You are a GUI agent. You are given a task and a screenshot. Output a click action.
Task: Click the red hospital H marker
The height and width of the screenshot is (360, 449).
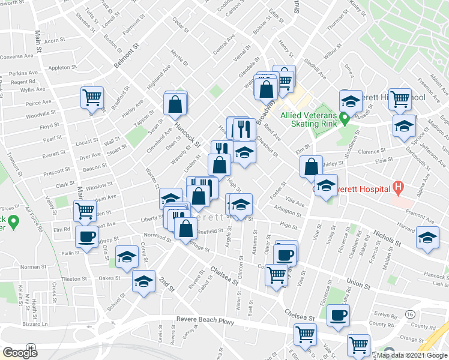pos(397,187)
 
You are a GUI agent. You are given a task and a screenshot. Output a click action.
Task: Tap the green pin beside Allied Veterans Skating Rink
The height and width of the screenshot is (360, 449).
pos(345,118)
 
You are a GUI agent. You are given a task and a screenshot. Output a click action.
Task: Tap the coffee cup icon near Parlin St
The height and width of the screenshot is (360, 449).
pos(87,236)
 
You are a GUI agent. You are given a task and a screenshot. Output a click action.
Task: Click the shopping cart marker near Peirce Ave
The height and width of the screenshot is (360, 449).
pos(92,97)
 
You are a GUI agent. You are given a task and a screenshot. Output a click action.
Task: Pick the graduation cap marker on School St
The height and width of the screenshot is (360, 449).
pos(144,281)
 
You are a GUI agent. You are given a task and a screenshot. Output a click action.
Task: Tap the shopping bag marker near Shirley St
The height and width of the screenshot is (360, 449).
pos(311,166)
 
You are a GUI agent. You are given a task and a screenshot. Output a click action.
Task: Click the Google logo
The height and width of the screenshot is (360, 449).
pos(20,353)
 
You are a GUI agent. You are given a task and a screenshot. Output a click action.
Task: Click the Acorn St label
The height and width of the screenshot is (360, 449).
pos(55,41)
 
